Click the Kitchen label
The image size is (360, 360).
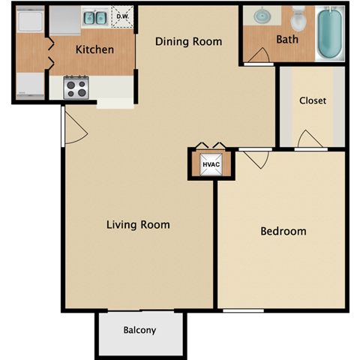click(x=94, y=50)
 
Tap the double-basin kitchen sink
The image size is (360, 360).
click(x=94, y=16)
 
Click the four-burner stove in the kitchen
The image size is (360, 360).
click(x=76, y=88)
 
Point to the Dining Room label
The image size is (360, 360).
click(x=188, y=41)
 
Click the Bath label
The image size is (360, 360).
click(x=287, y=39)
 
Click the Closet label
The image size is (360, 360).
click(x=312, y=100)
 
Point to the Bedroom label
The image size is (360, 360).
click(x=283, y=231)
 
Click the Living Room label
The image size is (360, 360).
click(x=137, y=224)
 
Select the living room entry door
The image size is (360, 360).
click(x=74, y=127)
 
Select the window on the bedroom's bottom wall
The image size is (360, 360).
click(x=243, y=310)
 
